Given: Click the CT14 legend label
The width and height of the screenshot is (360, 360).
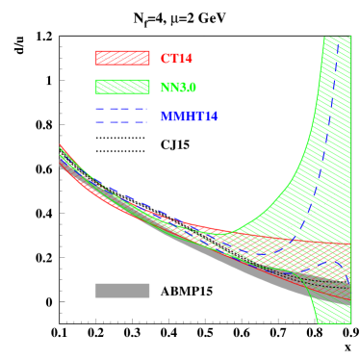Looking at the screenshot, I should click(x=176, y=59).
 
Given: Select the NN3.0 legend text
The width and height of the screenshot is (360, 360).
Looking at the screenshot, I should click(x=178, y=88).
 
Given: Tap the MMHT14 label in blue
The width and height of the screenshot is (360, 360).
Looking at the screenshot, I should click(x=189, y=116).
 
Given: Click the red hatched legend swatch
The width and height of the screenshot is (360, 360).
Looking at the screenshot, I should click(x=122, y=58).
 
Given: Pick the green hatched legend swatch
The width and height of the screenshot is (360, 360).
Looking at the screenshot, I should click(x=122, y=87).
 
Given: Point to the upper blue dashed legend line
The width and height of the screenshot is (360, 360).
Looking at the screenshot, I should click(x=122, y=109).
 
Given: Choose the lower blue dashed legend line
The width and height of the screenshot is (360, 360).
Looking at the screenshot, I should click(x=122, y=121).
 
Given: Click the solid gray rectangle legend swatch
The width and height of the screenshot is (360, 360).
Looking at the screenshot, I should click(x=122, y=291).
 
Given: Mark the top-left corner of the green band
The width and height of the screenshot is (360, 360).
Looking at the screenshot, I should click(x=324, y=39).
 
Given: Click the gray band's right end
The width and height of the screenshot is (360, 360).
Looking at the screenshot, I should click(x=347, y=296).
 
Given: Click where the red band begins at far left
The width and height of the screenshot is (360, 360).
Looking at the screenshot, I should click(x=61, y=147).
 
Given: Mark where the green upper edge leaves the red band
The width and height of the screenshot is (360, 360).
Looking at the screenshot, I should click(x=231, y=232).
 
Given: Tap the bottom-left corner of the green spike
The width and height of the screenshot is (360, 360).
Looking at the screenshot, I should click(x=318, y=322).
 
